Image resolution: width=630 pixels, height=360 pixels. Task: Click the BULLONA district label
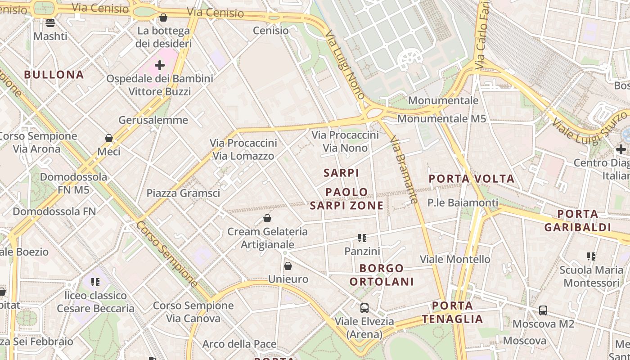click(x=54, y=75)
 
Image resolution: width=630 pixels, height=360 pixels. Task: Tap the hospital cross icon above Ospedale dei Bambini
click(x=160, y=66)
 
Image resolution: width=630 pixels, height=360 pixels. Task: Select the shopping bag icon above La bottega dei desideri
click(x=163, y=18)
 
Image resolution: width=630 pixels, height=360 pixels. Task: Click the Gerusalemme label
click(x=153, y=120)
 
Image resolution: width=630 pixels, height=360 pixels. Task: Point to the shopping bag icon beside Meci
click(x=109, y=138)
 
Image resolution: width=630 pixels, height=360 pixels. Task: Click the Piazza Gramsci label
click(x=183, y=193)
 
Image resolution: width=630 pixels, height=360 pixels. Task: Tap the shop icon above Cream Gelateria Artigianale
click(x=267, y=219)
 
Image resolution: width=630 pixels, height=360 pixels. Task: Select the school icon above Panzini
click(x=362, y=238)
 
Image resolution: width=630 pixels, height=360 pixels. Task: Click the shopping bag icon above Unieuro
click(x=288, y=266)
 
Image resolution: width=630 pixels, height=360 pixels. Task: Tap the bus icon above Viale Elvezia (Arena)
click(x=364, y=308)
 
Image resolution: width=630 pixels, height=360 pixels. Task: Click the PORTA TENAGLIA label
click(x=452, y=312)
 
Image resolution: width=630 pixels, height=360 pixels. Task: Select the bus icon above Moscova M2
click(x=543, y=310)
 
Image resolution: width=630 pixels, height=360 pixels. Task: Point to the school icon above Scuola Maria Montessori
click(x=591, y=256)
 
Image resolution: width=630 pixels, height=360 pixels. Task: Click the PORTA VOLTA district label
click(x=471, y=179)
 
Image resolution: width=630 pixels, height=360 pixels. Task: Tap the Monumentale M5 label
click(x=441, y=119)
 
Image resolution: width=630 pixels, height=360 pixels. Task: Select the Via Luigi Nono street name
click(x=345, y=65)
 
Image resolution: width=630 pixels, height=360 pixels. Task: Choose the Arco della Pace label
click(x=239, y=344)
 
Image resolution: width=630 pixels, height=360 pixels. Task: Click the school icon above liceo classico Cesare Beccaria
click(x=95, y=282)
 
